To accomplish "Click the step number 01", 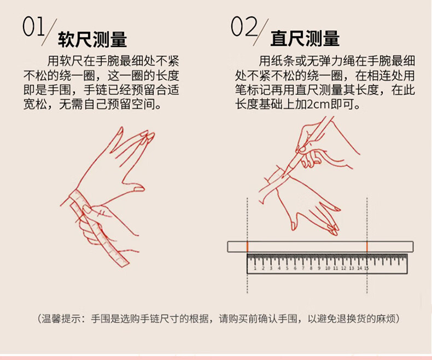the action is point(33,27).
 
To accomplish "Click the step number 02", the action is point(244,27).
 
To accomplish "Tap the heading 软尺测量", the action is point(92,39).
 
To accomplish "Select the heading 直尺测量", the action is point(305,39).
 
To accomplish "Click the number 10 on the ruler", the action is point(328,268).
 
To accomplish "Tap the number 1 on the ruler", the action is point(255,268).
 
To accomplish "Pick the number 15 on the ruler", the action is point(366,268).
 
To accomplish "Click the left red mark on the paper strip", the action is point(247,246).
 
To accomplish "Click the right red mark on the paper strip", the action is point(367,246).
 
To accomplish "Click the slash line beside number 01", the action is point(49,32).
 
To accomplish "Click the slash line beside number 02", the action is point(261,32).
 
